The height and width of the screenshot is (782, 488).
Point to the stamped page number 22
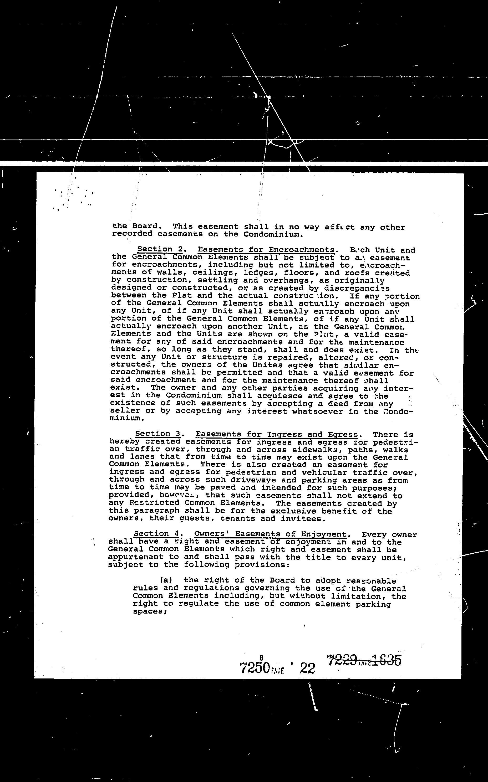pos(307,668)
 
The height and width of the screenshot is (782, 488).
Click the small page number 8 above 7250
pos(261,658)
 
